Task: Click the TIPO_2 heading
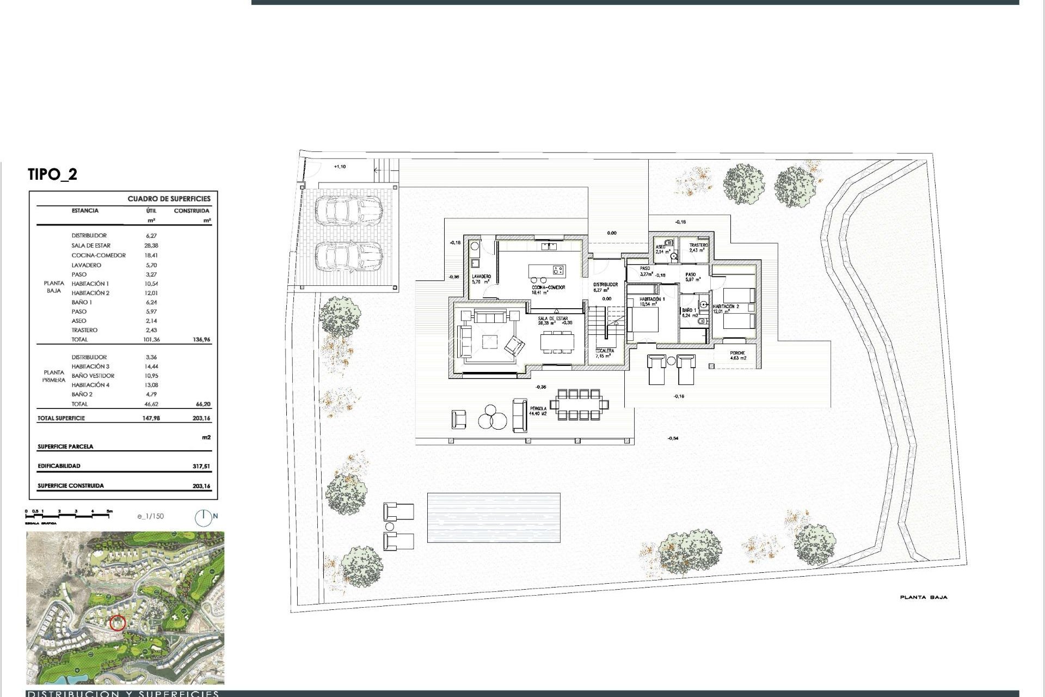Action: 53,174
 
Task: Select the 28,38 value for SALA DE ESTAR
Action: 152,246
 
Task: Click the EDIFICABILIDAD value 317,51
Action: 201,467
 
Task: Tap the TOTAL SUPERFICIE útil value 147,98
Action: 151,419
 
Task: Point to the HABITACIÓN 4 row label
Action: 90,385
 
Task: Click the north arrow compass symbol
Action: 204,517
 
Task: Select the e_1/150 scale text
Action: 151,516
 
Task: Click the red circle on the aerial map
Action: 118,623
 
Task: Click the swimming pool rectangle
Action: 493,517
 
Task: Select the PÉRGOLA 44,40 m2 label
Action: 537,411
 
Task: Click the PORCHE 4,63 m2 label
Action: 737,356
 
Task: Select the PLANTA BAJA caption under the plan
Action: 923,597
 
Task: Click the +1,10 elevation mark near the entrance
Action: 340,167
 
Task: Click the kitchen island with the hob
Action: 547,270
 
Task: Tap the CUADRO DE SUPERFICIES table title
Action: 169,199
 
